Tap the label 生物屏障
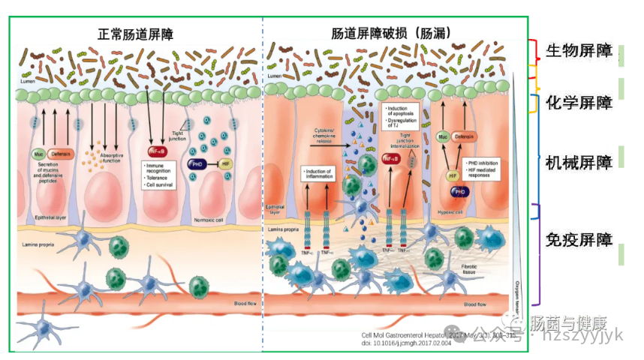click(576, 52)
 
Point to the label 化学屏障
click(576, 103)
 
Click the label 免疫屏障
click(576, 241)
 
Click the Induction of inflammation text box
click(320, 174)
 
